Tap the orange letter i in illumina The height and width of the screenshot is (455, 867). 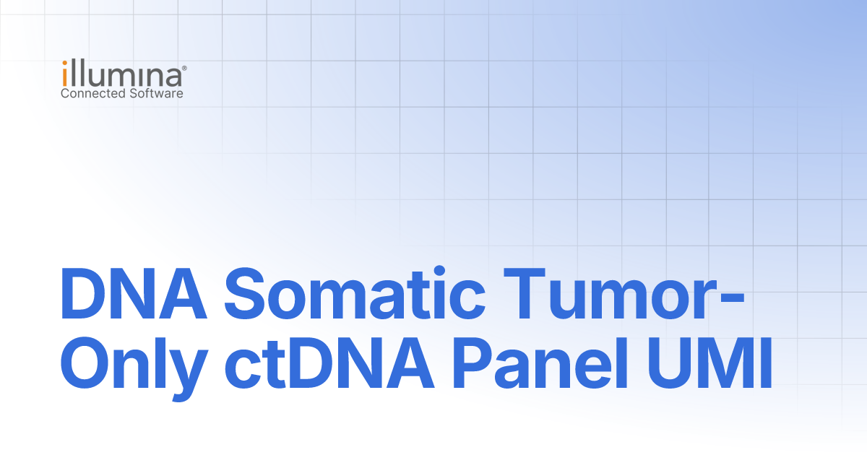click(65, 73)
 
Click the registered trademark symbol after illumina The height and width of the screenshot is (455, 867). click(184, 68)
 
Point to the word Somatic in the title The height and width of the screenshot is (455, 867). click(355, 293)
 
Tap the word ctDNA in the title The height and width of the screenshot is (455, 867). click(329, 364)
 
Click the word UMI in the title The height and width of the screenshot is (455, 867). click(709, 364)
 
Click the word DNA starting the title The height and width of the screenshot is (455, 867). click(134, 293)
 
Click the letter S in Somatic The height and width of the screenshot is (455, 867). click(245, 293)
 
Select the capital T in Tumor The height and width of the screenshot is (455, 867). click(525, 293)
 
